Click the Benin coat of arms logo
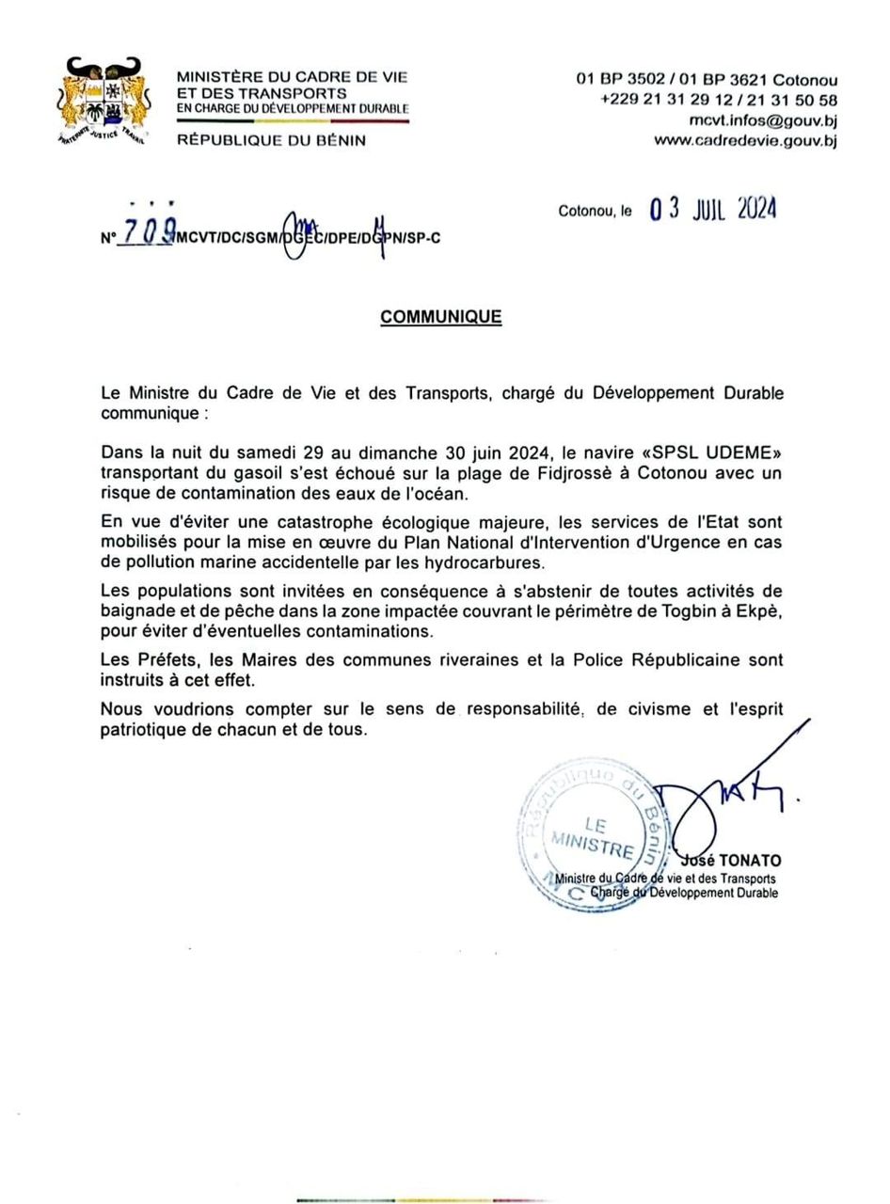pos(104,103)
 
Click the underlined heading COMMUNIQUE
pos(440,318)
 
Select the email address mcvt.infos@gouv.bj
pos(763,120)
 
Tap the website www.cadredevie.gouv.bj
pos(745,141)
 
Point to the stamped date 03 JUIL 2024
pos(713,209)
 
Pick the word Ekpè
pos(760,610)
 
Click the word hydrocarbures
pos(489,562)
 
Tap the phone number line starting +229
pos(718,101)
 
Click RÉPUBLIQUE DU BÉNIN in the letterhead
pos(272,140)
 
